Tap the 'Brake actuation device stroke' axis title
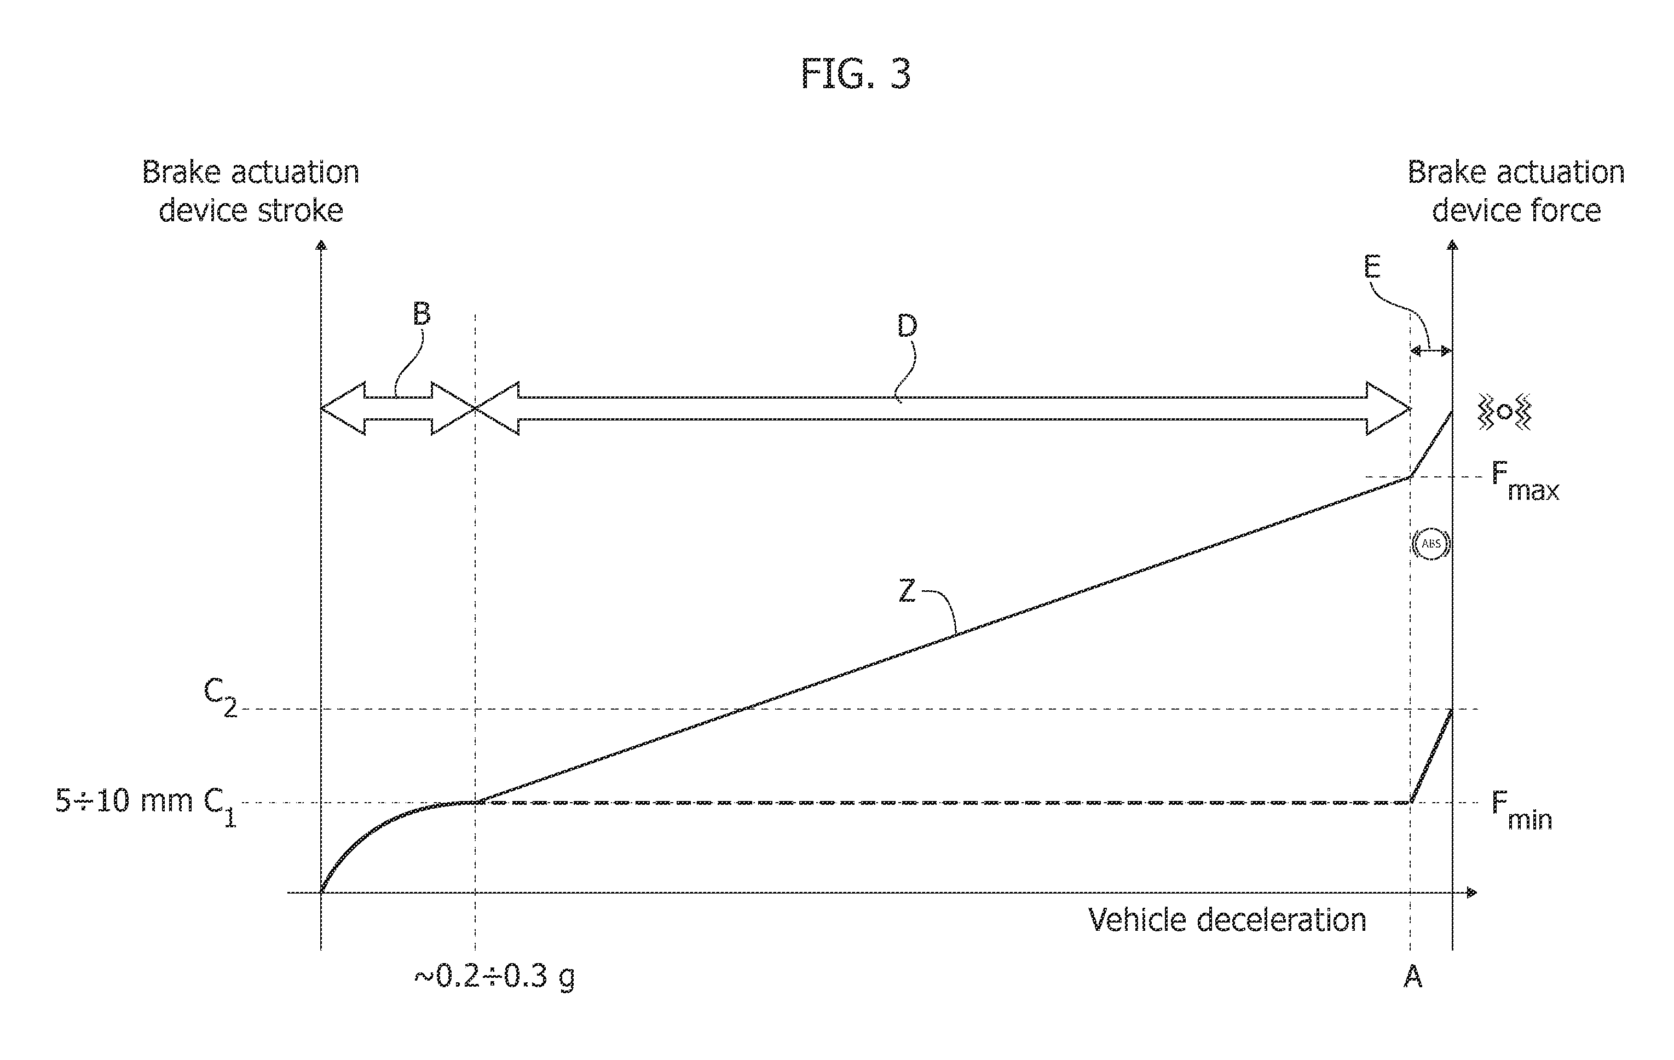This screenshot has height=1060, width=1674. coord(250,191)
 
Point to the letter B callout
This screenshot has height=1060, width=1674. coord(422,314)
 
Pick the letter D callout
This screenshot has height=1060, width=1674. coord(907,326)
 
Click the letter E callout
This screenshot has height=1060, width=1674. coord(1372,267)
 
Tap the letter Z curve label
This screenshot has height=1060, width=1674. coord(907,592)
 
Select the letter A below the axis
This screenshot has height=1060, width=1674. coord(1413,977)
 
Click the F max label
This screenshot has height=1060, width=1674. coord(1525,481)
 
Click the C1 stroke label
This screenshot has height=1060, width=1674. coord(220,808)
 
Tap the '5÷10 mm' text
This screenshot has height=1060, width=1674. coord(124,801)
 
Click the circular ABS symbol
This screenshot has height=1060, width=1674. coord(1431,544)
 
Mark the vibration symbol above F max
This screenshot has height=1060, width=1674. coord(1504,412)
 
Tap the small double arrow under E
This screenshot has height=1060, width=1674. coord(1431,352)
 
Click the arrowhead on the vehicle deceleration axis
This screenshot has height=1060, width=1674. coord(1471,892)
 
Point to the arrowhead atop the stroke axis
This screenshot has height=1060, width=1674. coord(320,245)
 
